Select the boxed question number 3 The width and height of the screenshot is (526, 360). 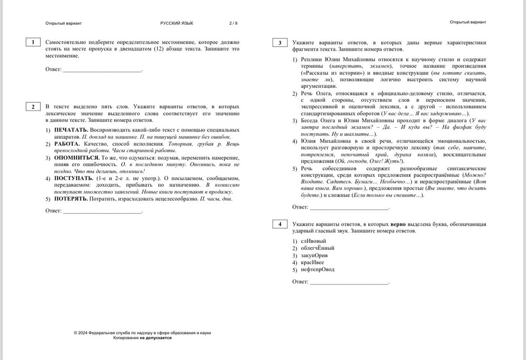[x=280, y=43]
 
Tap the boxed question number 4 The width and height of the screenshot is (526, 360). [x=280, y=225]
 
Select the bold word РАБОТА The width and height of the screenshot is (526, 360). [x=67, y=143]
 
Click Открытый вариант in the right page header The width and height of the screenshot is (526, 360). [x=468, y=22]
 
